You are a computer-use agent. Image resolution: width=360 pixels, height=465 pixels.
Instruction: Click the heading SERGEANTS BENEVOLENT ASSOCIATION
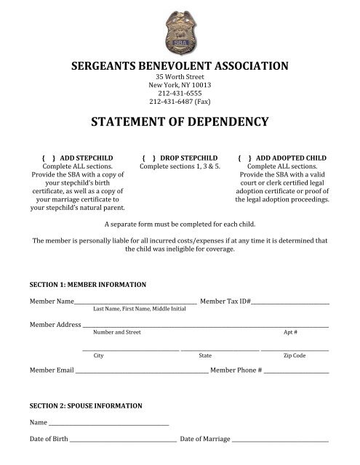point(180,66)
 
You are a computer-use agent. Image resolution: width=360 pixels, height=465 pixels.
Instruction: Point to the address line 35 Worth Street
point(179,78)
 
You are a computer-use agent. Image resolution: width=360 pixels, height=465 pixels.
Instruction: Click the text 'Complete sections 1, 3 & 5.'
point(179,166)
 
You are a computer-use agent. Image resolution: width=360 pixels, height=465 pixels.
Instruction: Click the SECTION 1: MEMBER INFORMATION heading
point(87,283)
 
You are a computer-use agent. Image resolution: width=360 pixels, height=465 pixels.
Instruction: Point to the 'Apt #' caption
point(289,332)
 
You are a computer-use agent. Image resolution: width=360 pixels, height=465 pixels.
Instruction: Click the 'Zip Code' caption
point(294,356)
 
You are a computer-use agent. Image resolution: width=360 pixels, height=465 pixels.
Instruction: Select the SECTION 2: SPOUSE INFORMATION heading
point(85,405)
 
